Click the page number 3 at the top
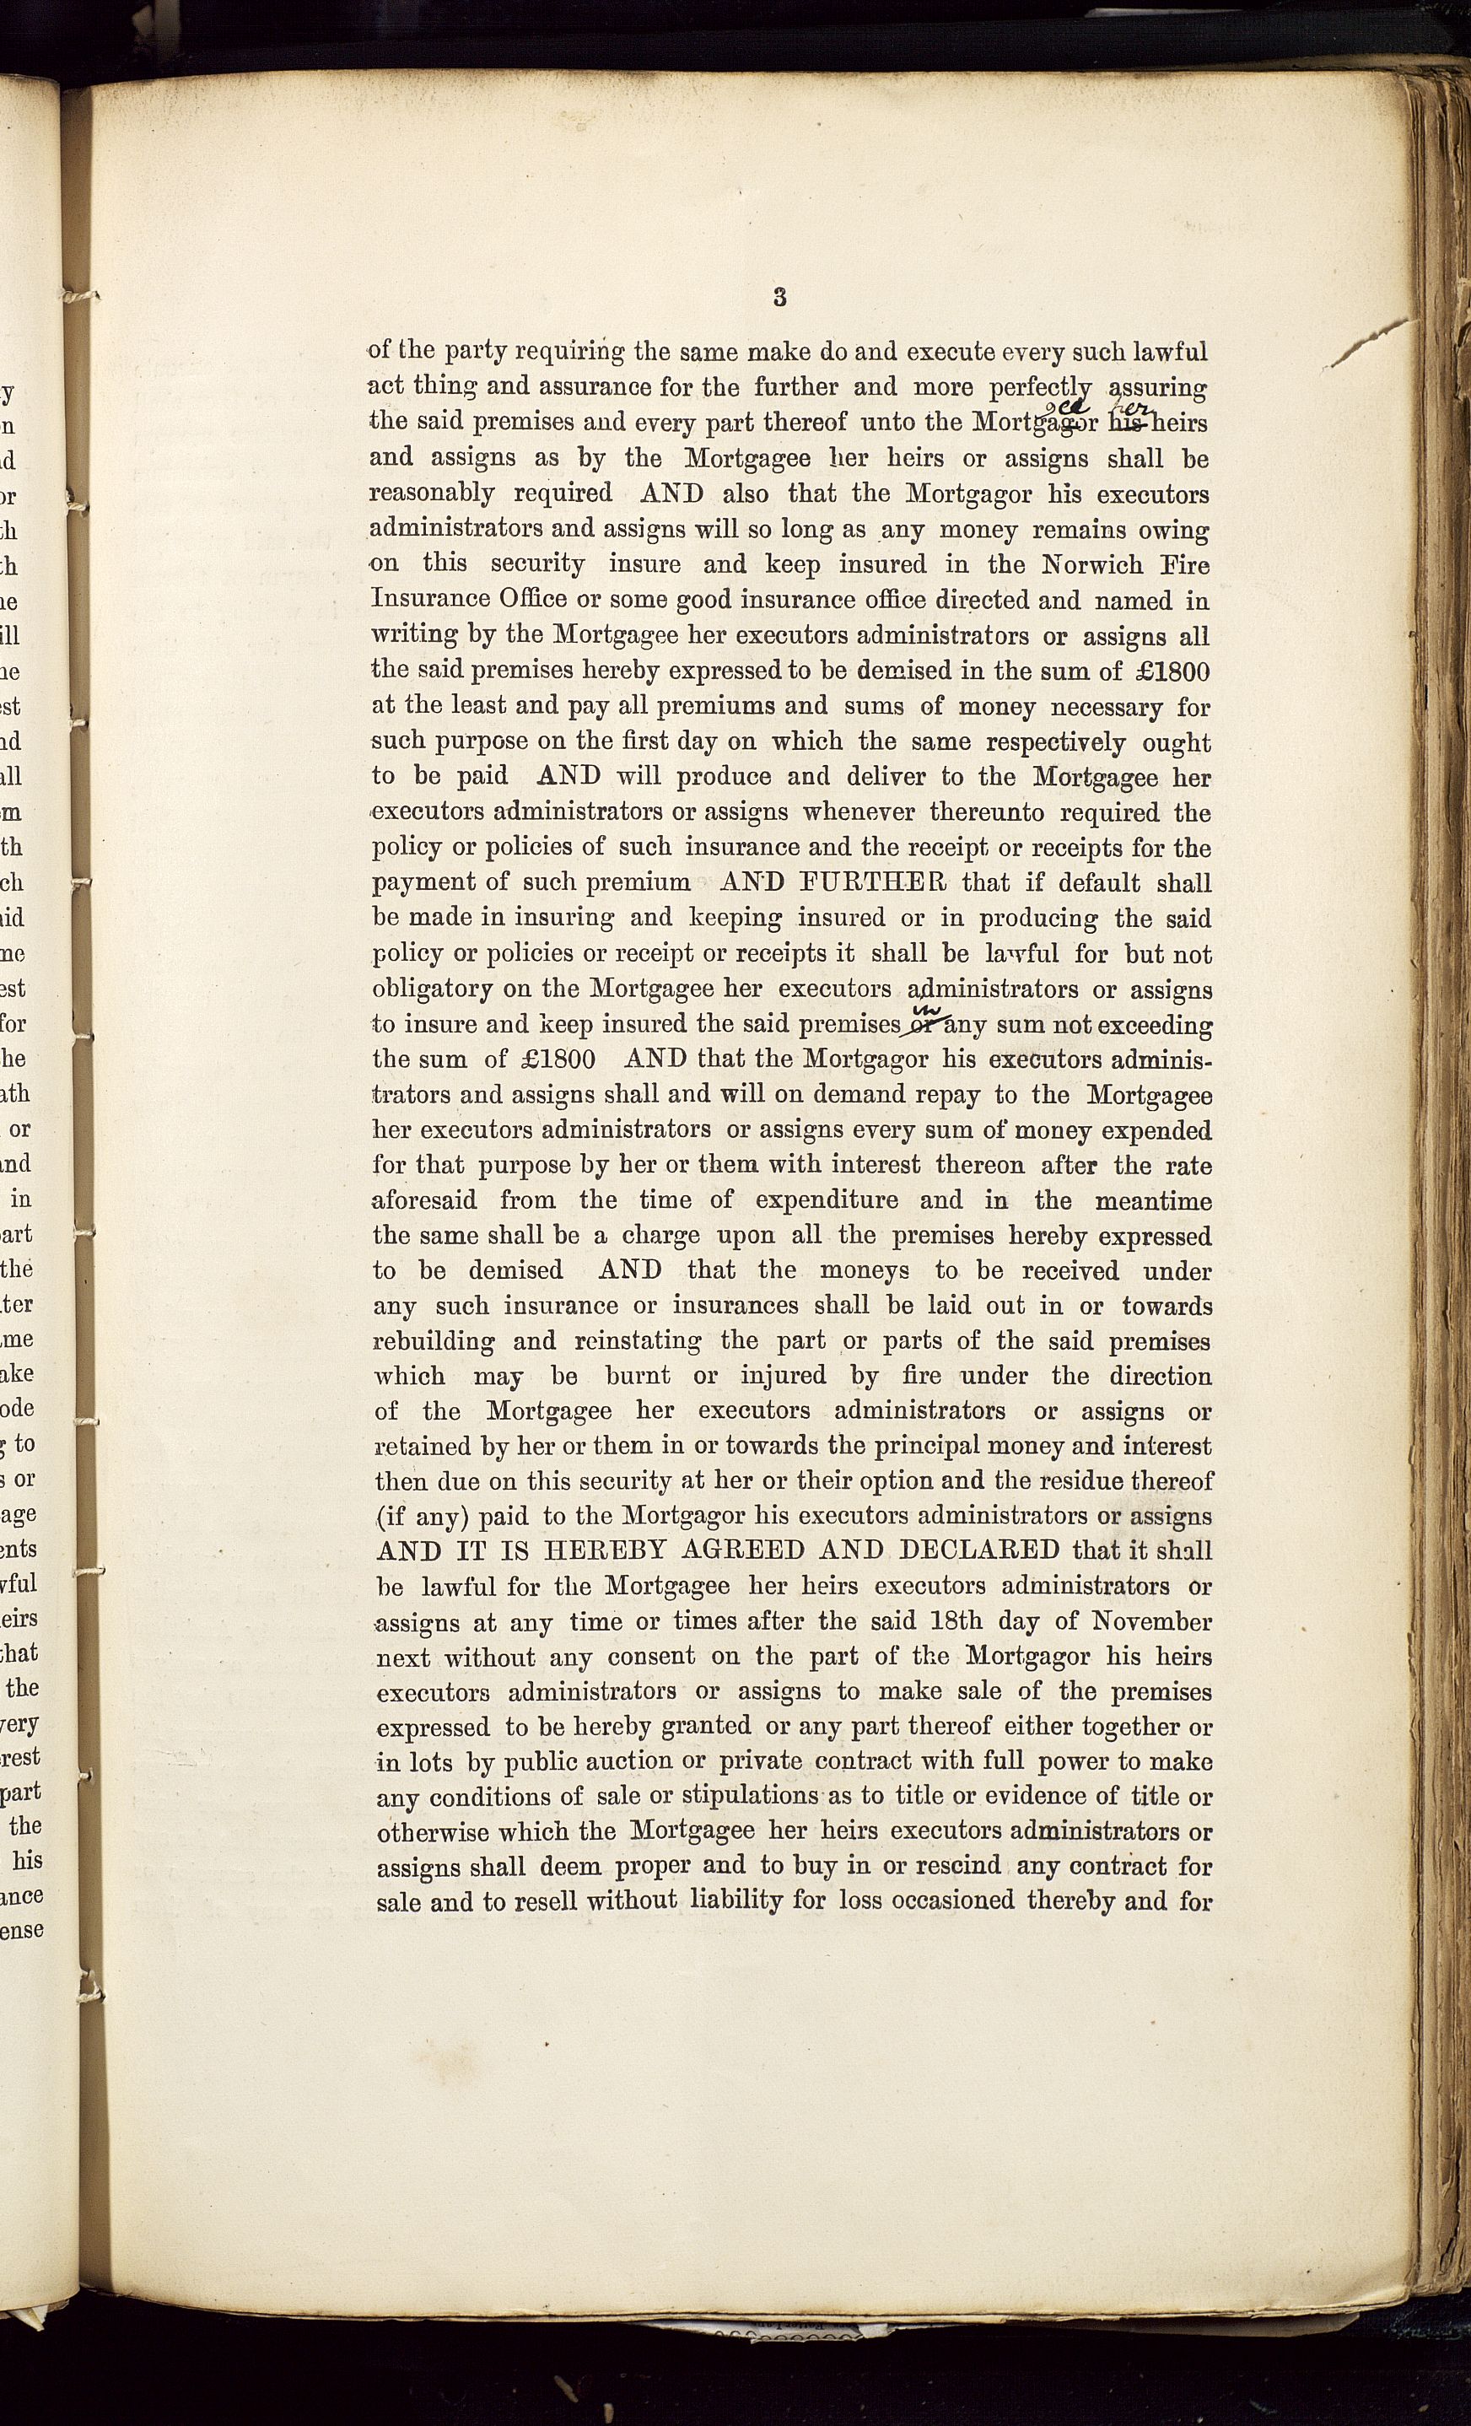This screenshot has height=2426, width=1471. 780,296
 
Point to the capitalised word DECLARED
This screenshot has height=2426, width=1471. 979,1550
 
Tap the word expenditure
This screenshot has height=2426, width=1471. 826,1200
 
